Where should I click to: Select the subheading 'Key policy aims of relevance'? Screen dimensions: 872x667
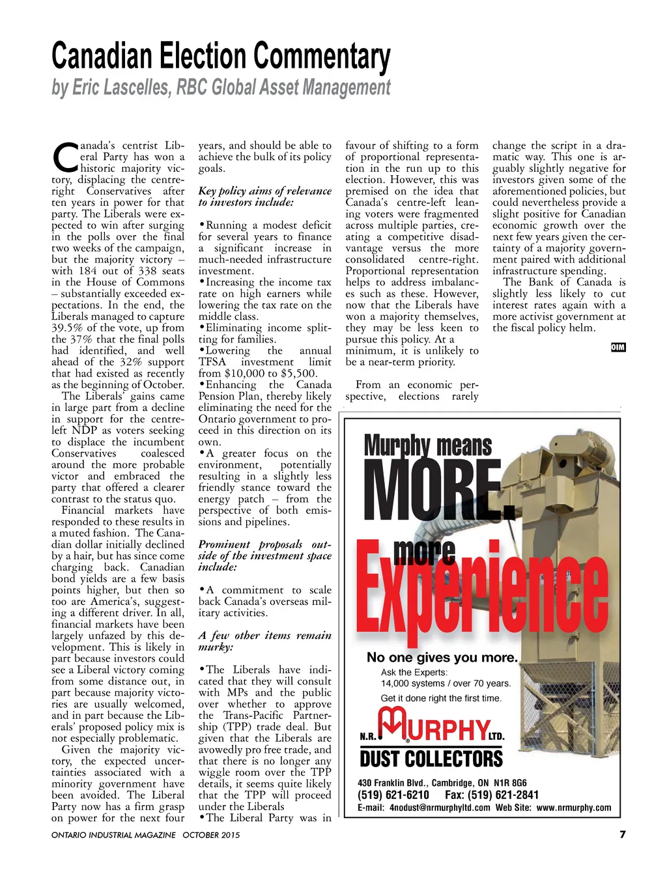(264, 191)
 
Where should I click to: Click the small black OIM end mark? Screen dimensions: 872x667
(618, 347)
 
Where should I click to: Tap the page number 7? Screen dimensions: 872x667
(622, 834)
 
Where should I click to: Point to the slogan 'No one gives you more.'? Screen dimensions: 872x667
(442, 658)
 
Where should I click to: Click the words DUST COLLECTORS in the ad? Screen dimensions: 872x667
(431, 759)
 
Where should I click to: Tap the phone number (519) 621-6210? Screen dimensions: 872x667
(393, 795)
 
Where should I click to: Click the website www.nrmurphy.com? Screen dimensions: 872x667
(574, 808)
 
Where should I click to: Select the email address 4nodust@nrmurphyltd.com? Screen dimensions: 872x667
(440, 808)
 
